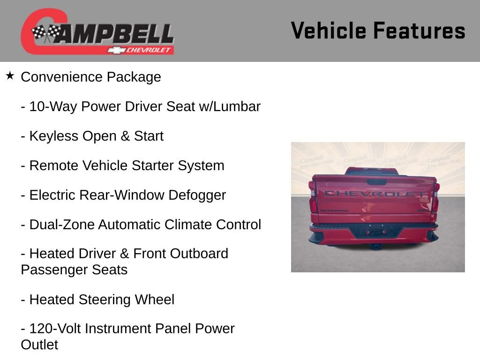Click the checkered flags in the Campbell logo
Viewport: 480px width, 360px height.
[x=46, y=33]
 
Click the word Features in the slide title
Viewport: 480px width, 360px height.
[x=419, y=31]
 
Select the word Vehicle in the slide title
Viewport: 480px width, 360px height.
[x=328, y=31]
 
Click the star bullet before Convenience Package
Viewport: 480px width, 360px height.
[x=10, y=75]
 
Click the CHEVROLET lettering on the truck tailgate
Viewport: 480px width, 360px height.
[x=375, y=194]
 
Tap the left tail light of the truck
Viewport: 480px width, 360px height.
[x=313, y=204]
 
